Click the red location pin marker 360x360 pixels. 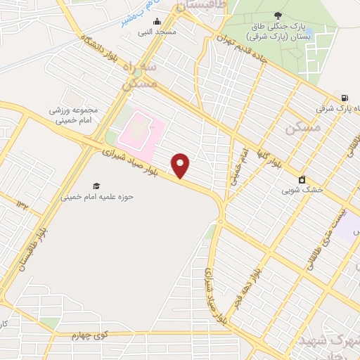pyautogui.click(x=181, y=166)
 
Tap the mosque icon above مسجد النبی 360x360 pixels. pyautogui.click(x=157, y=22)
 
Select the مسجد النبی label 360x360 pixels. pyautogui.click(x=160, y=32)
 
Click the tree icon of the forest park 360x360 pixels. pyautogui.click(x=279, y=15)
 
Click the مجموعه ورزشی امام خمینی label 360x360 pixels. pyautogui.click(x=77, y=115)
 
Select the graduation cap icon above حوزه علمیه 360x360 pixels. pyautogui.click(x=96, y=186)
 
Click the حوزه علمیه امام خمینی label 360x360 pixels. pyautogui.click(x=97, y=197)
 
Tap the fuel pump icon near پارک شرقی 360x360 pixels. pyautogui.click(x=344, y=97)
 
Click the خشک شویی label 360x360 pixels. pyautogui.click(x=302, y=190)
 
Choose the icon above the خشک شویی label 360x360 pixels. pyautogui.click(x=302, y=179)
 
